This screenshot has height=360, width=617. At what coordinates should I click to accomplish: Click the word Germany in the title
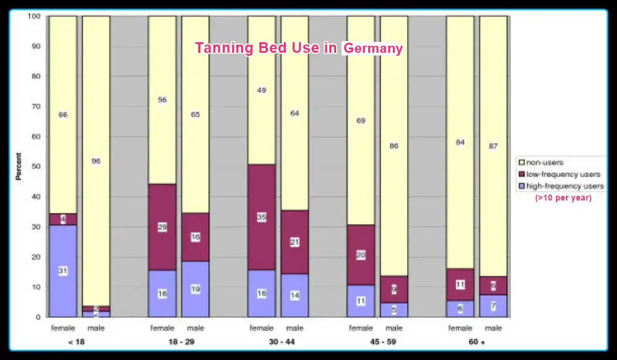[x=373, y=48]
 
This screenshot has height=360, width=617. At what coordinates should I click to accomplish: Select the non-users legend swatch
[x=521, y=162]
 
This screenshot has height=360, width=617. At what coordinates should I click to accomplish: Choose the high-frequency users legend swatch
[x=521, y=186]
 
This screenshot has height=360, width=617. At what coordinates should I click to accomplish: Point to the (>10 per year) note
[x=563, y=198]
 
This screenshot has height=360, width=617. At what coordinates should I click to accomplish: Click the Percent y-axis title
[x=18, y=167]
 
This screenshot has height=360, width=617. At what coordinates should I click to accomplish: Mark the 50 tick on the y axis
[x=35, y=167]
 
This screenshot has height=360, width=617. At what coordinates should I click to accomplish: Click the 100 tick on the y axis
[x=33, y=16]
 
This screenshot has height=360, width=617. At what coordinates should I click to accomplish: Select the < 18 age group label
[x=76, y=341]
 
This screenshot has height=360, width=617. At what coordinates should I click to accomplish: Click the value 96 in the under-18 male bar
[x=96, y=161]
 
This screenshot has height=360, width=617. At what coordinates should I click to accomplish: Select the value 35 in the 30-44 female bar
[x=262, y=217]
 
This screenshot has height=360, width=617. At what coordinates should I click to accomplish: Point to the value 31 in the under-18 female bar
[x=63, y=271]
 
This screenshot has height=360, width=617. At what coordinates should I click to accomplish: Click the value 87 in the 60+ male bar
[x=493, y=146]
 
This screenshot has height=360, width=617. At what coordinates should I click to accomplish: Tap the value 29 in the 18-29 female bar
[x=162, y=226]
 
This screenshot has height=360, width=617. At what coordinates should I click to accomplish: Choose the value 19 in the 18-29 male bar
[x=195, y=289]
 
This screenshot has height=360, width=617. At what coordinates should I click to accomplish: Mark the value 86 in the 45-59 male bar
[x=394, y=146]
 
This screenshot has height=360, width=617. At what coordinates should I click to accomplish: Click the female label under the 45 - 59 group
[x=361, y=328]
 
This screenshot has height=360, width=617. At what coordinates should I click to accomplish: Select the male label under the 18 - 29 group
[x=195, y=328]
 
